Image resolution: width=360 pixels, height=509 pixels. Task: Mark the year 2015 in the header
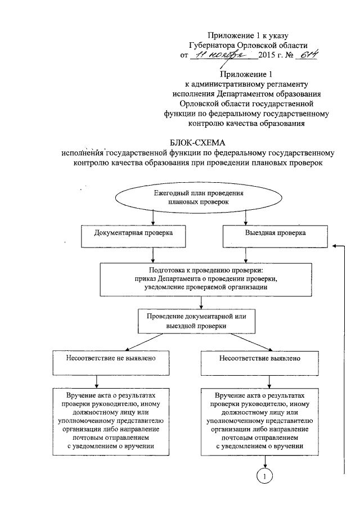(x=268, y=56)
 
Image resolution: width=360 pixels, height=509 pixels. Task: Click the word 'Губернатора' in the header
(x=214, y=46)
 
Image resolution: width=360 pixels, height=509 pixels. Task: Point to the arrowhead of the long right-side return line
(x=336, y=246)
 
